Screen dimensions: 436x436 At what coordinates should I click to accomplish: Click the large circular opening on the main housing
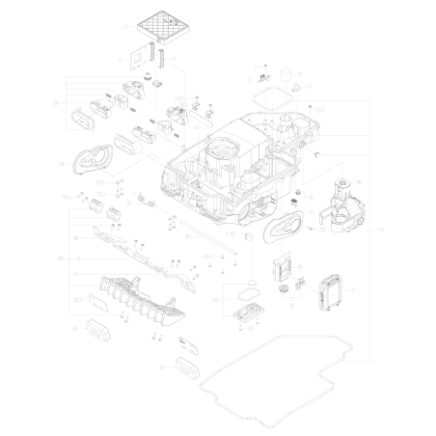pyautogui.click(x=223, y=150)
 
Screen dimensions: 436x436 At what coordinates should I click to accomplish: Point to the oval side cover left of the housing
pyautogui.click(x=96, y=159)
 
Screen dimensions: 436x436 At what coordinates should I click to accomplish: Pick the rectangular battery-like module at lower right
pyautogui.click(x=331, y=290)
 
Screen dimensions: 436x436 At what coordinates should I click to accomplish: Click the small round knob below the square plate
pyautogui.click(x=149, y=74)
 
